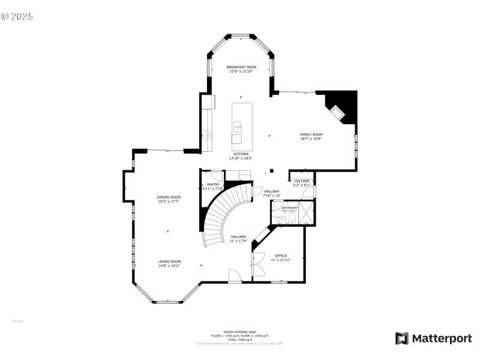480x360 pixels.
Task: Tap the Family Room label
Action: pyautogui.click(x=311, y=134)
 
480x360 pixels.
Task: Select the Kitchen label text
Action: pyautogui.click(x=241, y=154)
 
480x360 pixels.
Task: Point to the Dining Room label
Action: pyautogui.click(x=169, y=197)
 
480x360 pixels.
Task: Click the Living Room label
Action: pyautogui.click(x=169, y=262)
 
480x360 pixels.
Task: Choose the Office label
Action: pyautogui.click(x=280, y=256)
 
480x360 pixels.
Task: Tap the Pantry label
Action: pyautogui.click(x=212, y=184)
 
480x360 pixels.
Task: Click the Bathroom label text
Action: pyautogui.click(x=289, y=208)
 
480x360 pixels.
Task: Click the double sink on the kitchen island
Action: pyautogui.click(x=238, y=127)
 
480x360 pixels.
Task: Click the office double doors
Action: pyautogui.click(x=258, y=264)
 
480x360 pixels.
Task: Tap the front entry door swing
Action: pyautogui.click(x=235, y=275)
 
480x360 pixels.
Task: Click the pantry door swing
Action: pyautogui.click(x=217, y=177)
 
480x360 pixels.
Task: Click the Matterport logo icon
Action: pyautogui.click(x=402, y=338)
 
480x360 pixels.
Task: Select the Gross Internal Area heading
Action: pyautogui.click(x=239, y=332)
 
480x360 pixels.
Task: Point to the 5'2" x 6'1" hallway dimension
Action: pyautogui.click(x=302, y=185)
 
